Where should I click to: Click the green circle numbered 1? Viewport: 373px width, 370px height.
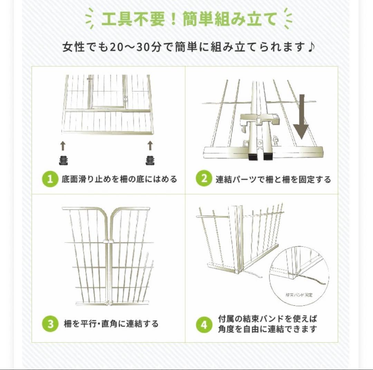[x=50, y=179]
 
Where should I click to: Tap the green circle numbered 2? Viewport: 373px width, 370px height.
[x=204, y=179]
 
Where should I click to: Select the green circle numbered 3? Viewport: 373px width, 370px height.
[x=50, y=324]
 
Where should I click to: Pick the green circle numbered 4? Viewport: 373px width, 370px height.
[x=204, y=324]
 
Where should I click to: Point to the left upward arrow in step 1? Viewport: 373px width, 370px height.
[x=63, y=146]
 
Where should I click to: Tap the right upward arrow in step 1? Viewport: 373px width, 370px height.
[x=150, y=146]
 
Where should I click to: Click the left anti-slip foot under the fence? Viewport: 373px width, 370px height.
[x=63, y=160]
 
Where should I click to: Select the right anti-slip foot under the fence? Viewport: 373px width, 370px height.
[x=150, y=160]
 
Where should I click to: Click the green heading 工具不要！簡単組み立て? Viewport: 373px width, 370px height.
[x=189, y=19]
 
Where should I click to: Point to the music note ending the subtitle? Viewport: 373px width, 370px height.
[x=310, y=47]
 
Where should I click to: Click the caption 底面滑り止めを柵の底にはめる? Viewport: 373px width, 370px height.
[x=119, y=179]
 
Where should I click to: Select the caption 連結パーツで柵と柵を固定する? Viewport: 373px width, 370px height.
[x=273, y=179]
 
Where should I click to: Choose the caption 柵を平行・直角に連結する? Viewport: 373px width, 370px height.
[x=111, y=324]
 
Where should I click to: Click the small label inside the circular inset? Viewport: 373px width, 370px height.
[x=299, y=295]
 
